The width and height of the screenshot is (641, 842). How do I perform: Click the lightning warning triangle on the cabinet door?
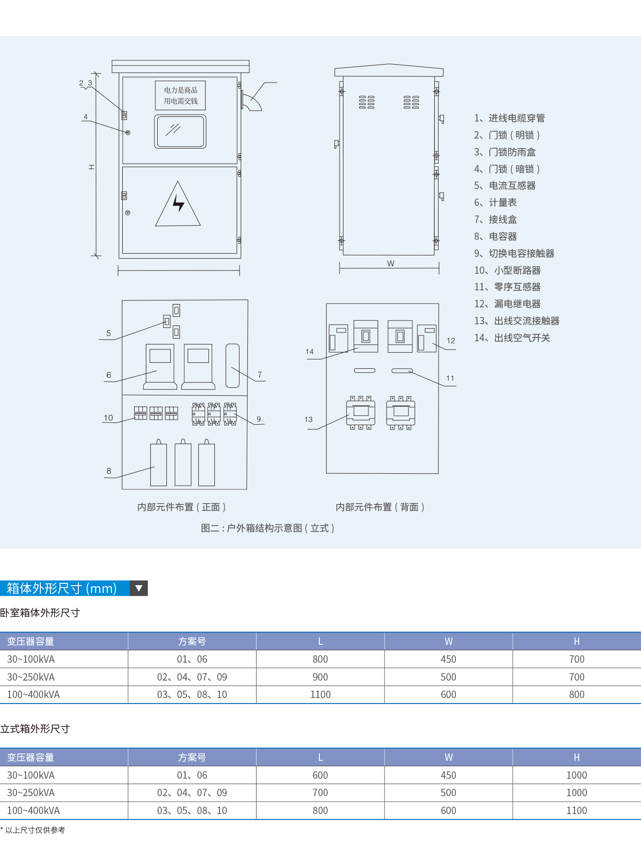pyautogui.click(x=178, y=204)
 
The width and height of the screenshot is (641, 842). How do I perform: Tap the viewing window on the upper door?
pyautogui.click(x=180, y=132)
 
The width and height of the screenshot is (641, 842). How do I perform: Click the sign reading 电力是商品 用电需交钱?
pyautogui.click(x=181, y=95)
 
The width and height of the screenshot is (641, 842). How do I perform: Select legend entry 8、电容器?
pyautogui.click(x=495, y=237)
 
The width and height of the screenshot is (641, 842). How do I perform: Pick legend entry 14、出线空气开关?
pyautogui.click(x=512, y=338)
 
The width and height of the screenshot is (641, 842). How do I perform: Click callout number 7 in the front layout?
pyautogui.click(x=260, y=375)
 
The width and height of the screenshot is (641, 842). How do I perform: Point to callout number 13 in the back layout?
pyautogui.click(x=308, y=420)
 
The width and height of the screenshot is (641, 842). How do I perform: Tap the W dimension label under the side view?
pyautogui.click(x=390, y=264)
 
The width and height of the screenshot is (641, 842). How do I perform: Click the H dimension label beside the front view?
pyautogui.click(x=92, y=167)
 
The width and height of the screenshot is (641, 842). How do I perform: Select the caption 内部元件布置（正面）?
pyautogui.click(x=181, y=507)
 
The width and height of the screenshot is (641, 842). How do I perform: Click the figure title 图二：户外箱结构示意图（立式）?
pyautogui.click(x=268, y=528)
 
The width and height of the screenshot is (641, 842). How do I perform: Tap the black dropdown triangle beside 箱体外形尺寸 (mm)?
pyautogui.click(x=139, y=588)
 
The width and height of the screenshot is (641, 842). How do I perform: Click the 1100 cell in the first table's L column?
pyautogui.click(x=320, y=695)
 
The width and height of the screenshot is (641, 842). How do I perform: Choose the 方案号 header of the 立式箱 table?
pyautogui.click(x=192, y=758)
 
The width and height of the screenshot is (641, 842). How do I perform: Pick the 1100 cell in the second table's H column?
pyautogui.click(x=576, y=811)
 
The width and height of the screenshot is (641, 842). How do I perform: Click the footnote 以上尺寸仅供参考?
pyautogui.click(x=35, y=830)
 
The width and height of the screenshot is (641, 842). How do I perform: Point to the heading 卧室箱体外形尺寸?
pyautogui.click(x=40, y=613)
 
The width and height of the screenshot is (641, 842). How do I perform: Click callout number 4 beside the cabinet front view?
pyautogui.click(x=86, y=117)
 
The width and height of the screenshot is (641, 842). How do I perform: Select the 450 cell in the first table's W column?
pyautogui.click(x=448, y=659)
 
